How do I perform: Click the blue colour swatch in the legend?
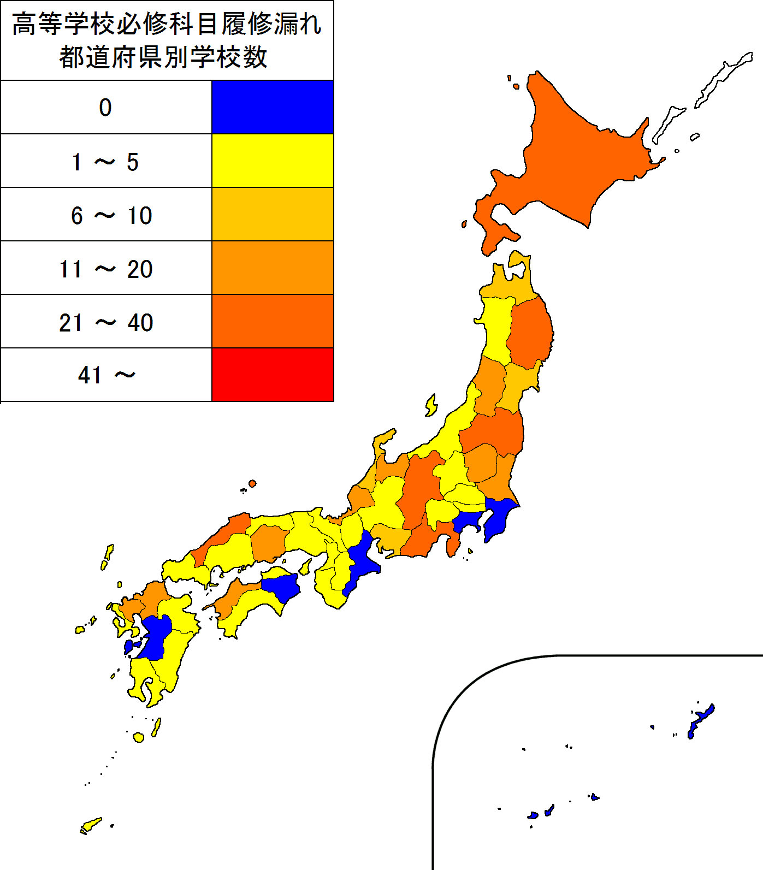click(x=272, y=107)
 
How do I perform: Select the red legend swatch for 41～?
click(x=272, y=375)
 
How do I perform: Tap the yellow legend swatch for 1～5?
click(x=272, y=161)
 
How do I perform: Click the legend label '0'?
click(x=105, y=108)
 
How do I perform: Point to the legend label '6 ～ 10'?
click(x=111, y=216)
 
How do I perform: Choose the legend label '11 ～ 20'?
click(x=106, y=269)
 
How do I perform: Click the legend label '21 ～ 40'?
click(x=106, y=323)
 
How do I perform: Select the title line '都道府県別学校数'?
click(x=163, y=57)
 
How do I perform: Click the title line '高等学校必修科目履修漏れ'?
click(x=167, y=25)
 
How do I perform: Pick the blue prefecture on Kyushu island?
click(x=156, y=636)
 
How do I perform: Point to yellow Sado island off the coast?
click(x=431, y=406)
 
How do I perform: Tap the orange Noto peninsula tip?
click(x=386, y=437)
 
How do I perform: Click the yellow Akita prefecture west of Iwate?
click(x=497, y=328)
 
